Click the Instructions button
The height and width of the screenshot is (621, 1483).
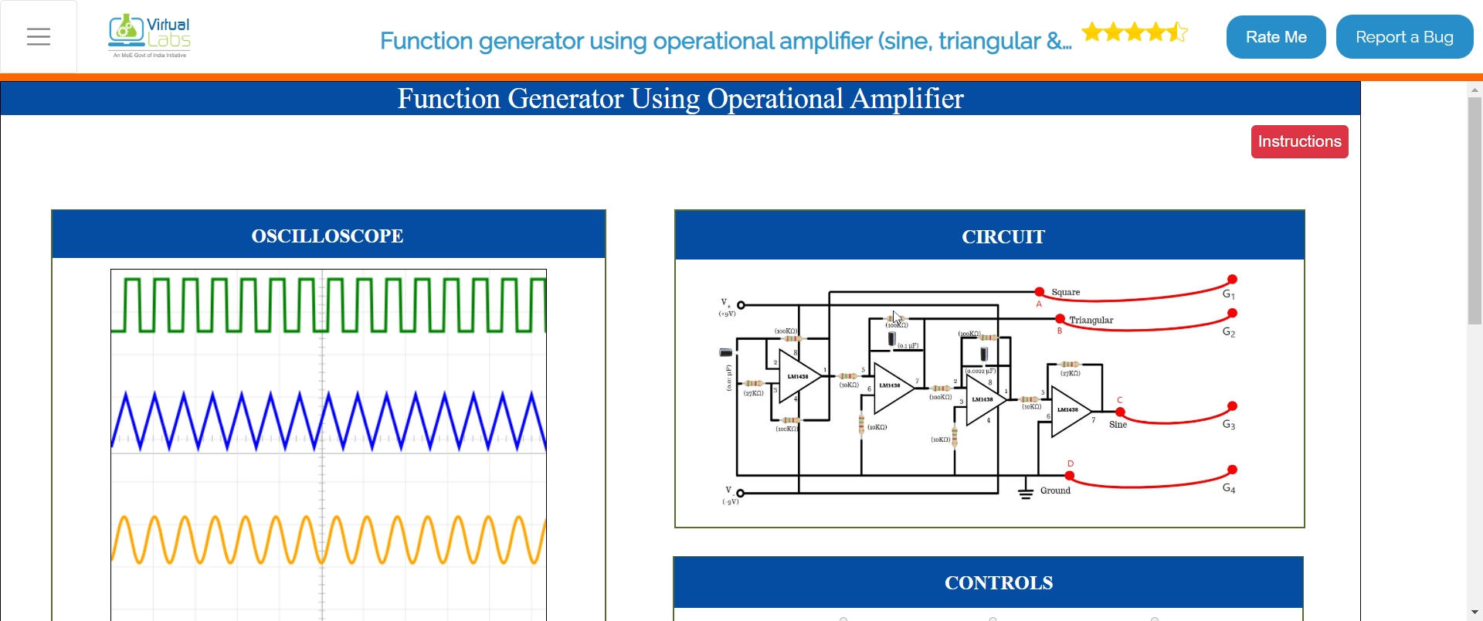1299,141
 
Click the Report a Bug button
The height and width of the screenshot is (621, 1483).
1404,37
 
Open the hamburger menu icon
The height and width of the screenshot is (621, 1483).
39,37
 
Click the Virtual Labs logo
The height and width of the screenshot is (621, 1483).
150,36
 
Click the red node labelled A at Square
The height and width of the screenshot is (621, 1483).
1040,292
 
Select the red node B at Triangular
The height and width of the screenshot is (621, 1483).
1060,319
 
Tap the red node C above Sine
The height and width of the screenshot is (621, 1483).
1120,412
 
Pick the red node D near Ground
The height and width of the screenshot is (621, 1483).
1070,476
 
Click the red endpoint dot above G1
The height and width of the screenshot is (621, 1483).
1233,279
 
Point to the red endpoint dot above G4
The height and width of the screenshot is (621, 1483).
1233,470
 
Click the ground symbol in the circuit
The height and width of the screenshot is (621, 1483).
1026,493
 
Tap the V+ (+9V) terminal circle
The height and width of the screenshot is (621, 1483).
741,305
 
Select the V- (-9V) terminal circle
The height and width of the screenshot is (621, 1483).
741,493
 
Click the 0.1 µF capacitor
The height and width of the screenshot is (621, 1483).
892,339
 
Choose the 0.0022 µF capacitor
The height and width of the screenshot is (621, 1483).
984,355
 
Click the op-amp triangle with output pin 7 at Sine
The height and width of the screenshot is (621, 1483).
1069,412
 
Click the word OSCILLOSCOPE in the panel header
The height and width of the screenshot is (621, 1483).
327,236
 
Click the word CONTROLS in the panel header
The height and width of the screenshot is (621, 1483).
999,582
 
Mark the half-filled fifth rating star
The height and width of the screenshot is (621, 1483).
1177,32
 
